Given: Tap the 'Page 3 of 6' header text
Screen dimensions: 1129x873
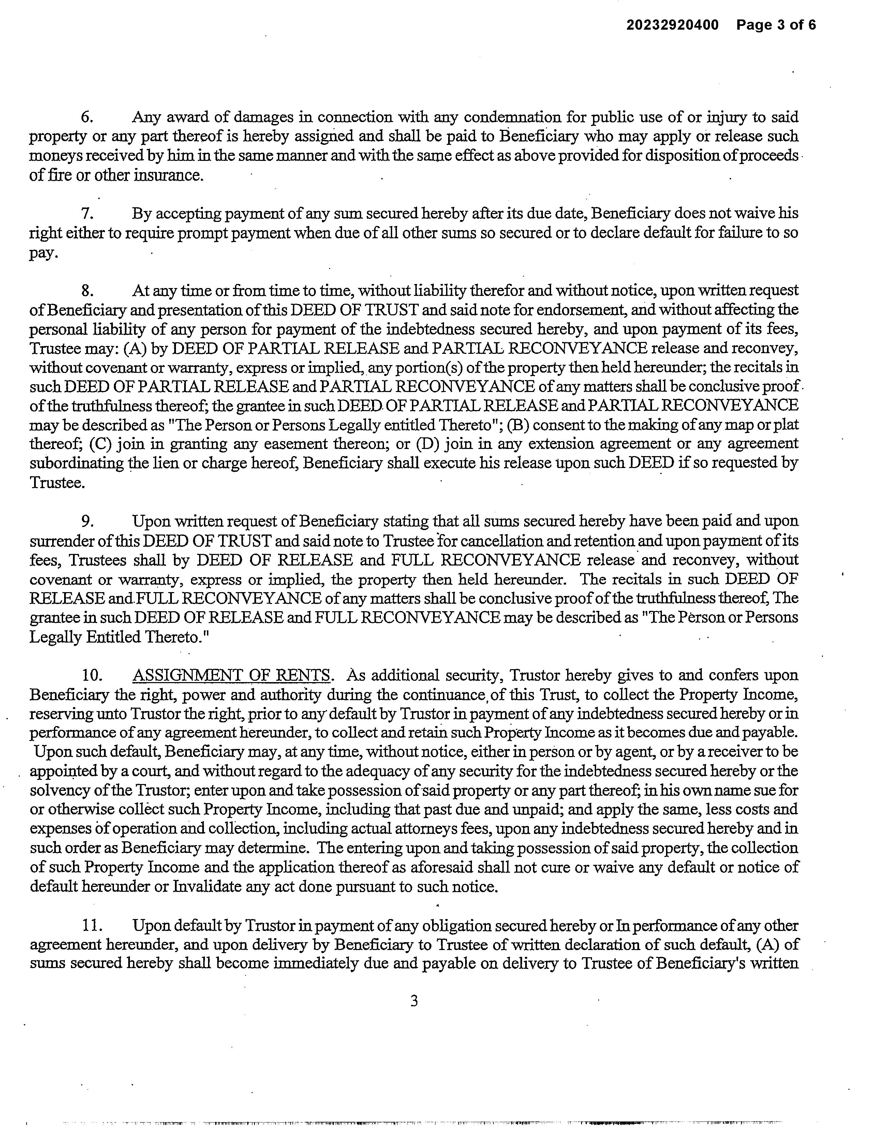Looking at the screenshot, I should [x=776, y=25].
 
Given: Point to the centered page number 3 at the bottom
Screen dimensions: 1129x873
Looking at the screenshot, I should [x=414, y=1001].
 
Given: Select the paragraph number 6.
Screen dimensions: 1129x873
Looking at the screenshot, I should [x=87, y=117].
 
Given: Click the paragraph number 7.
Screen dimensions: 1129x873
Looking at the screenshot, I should [x=87, y=213].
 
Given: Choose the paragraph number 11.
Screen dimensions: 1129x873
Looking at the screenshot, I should [x=90, y=926].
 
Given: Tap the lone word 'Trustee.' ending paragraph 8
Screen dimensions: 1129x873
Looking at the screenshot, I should [x=57, y=483].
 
